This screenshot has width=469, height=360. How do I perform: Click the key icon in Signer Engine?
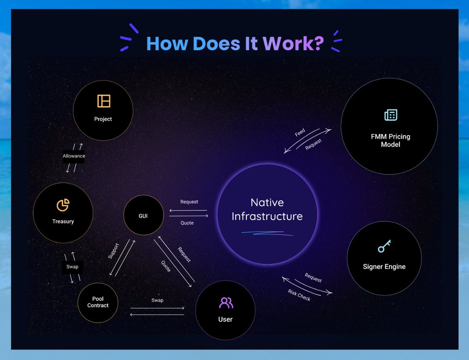pyautogui.click(x=384, y=246)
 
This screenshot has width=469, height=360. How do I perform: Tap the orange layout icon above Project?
pyautogui.click(x=104, y=101)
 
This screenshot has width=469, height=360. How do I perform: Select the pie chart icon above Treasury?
pyautogui.click(x=63, y=204)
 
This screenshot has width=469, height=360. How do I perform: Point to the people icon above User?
pyautogui.click(x=226, y=303)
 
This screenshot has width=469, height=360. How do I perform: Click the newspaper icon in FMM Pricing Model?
pyautogui.click(x=390, y=115)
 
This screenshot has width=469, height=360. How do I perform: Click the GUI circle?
pyautogui.click(x=143, y=215)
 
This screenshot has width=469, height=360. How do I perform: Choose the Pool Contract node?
pyautogui.click(x=98, y=303)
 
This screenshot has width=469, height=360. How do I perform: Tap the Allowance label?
pyautogui.click(x=74, y=156)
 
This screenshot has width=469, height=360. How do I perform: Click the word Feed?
pyautogui.click(x=300, y=133)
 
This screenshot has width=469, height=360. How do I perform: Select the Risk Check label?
pyautogui.click(x=299, y=295)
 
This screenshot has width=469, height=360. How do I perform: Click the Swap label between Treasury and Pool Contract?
pyautogui.click(x=72, y=267)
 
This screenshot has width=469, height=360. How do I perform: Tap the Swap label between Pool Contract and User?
pyautogui.click(x=157, y=300)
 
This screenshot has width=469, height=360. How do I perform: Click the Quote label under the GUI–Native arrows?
pyautogui.click(x=187, y=223)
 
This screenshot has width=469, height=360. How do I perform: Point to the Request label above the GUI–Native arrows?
pyautogui.click(x=189, y=202)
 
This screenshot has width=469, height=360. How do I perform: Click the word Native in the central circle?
pyautogui.click(x=267, y=202)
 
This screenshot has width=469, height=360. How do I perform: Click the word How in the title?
pyautogui.click(x=167, y=43)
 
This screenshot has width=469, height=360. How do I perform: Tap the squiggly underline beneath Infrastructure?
pyautogui.click(x=267, y=233)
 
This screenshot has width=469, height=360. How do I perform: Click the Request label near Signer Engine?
pyautogui.click(x=313, y=278)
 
